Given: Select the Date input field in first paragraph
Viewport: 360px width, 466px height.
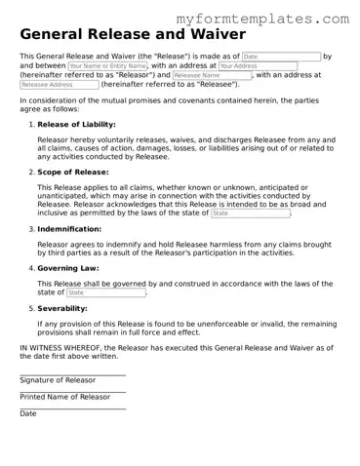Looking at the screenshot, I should pos(280,58).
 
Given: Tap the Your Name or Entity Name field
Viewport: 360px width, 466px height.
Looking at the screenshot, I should pos(107,66).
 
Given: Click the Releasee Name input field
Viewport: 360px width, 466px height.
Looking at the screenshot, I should pos(212,75).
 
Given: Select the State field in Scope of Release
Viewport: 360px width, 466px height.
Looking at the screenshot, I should pos(250,213).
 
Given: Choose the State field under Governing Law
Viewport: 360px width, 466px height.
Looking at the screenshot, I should pos(105,292).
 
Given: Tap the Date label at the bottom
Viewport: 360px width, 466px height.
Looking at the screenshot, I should pos(28,413).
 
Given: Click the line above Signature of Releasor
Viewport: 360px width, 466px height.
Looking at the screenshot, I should pos(72,374).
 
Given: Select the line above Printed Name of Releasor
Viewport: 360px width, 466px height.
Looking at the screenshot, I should pos(72,391).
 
